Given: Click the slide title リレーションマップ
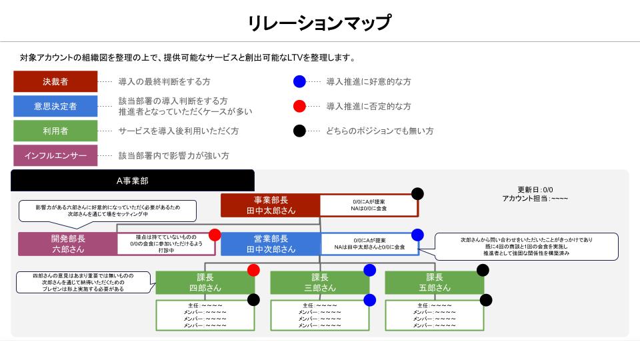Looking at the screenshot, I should [x=319, y=23].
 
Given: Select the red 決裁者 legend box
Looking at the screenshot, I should [x=55, y=81].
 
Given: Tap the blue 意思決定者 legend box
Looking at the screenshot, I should [x=55, y=106].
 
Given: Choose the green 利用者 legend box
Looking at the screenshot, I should [x=55, y=131].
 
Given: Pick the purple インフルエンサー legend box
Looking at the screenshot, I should [x=55, y=155].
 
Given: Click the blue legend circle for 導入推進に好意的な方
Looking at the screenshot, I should [x=299, y=81].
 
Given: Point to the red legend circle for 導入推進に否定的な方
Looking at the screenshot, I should [x=299, y=106].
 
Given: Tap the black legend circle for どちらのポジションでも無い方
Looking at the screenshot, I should [x=299, y=131].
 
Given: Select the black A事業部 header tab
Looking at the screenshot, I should [x=132, y=181].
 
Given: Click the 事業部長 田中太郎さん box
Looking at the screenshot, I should [x=270, y=205].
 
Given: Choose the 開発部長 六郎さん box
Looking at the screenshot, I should [x=67, y=244].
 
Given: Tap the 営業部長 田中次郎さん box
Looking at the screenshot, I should [x=271, y=244].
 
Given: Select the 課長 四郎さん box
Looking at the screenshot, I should [x=205, y=283].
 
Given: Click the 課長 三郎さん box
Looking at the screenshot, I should [x=319, y=283].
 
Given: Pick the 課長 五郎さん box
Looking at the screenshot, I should [x=434, y=283].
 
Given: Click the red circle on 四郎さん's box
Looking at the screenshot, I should [x=253, y=270].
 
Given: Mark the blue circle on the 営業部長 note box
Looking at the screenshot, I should [x=417, y=235].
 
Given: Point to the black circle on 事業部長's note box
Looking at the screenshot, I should [x=417, y=194].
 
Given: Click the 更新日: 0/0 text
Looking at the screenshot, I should [x=535, y=189].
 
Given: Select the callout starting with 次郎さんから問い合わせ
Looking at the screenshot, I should [x=526, y=246].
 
